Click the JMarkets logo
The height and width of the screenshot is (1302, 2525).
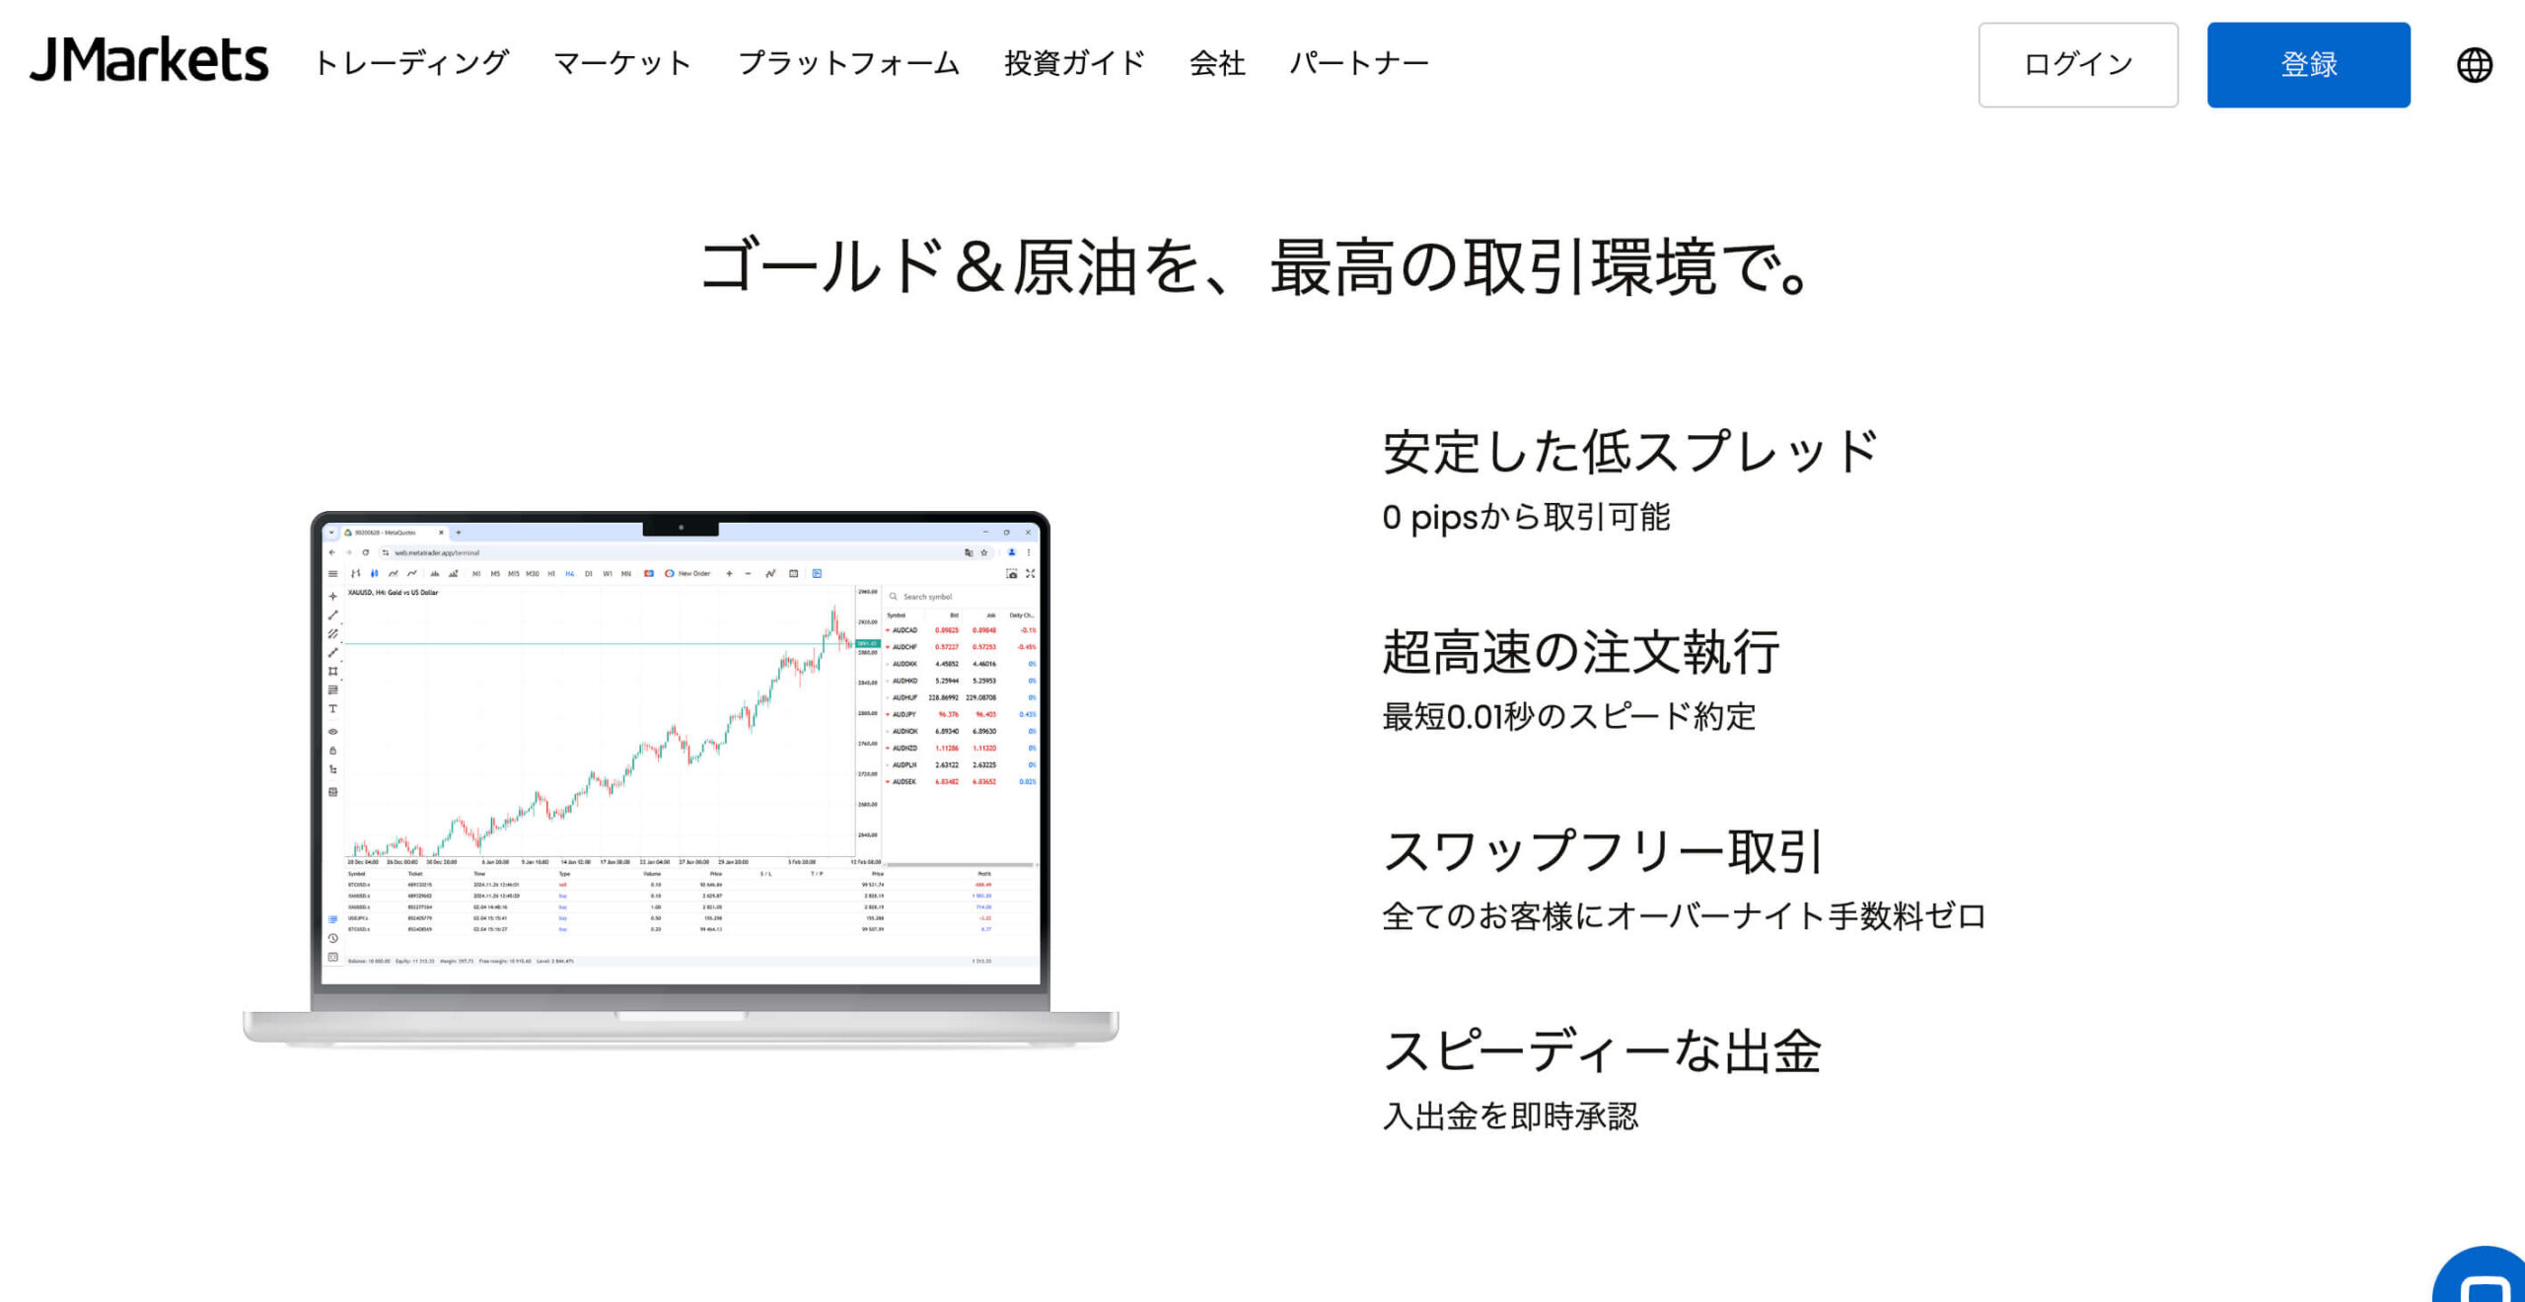point(149,60)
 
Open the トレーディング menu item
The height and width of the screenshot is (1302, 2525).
point(411,63)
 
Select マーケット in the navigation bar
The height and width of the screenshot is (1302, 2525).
point(622,63)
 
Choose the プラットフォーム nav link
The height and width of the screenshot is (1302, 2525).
point(848,63)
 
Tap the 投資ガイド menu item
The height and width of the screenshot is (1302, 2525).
point(1074,63)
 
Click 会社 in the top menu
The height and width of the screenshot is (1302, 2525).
point(1217,63)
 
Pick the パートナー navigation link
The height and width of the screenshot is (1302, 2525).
point(1359,63)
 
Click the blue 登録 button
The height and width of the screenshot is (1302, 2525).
point(2308,65)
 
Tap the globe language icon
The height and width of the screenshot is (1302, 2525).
point(2474,65)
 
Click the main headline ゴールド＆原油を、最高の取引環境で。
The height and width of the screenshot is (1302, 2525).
point(1255,266)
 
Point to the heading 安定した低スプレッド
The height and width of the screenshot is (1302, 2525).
point(1629,452)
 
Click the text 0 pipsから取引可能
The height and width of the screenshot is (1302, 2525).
point(1526,517)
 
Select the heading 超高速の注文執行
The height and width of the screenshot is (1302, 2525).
point(1580,652)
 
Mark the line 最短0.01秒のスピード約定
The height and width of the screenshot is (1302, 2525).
point(1568,716)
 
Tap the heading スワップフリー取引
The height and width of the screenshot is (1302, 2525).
point(1602,851)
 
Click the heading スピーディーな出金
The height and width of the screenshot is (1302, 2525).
point(1602,1050)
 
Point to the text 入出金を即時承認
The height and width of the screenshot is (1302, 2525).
point(1510,1116)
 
